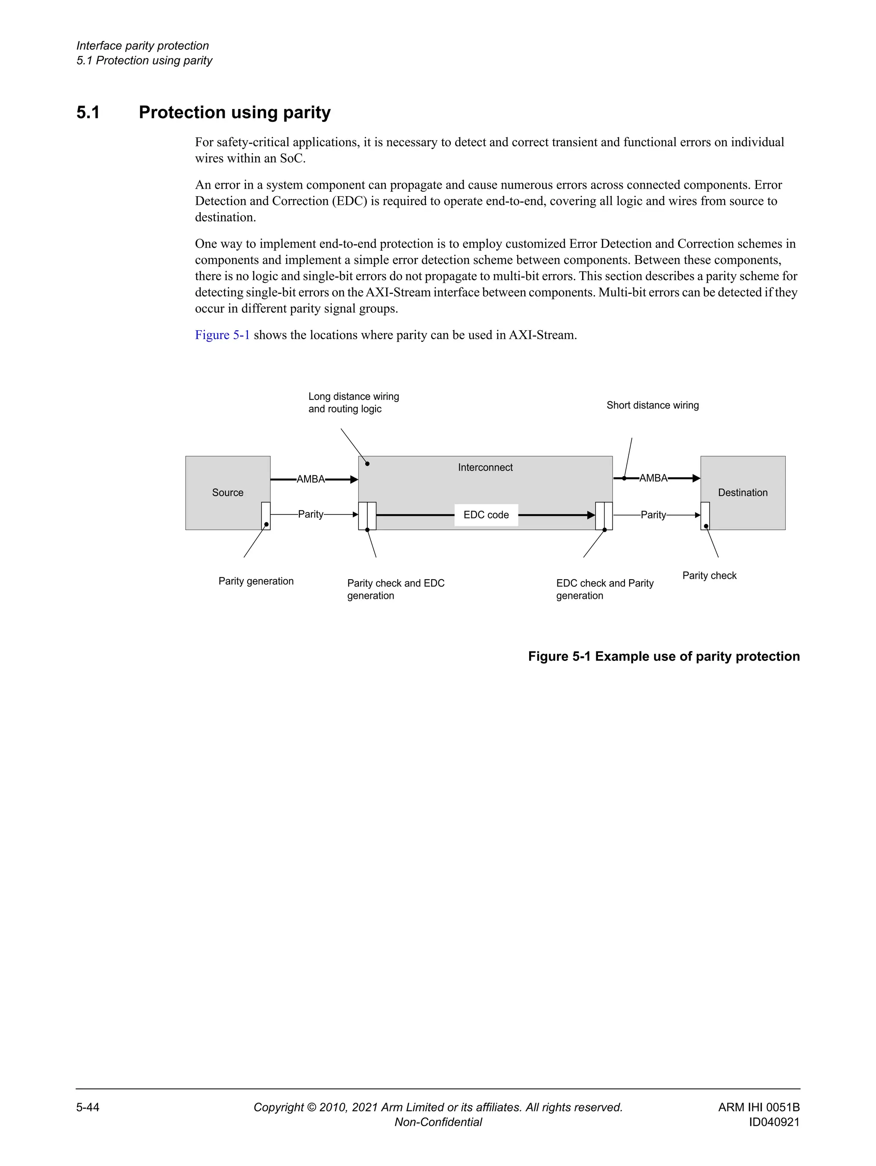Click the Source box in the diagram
(x=227, y=492)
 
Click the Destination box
(x=742, y=492)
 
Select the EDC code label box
(x=486, y=515)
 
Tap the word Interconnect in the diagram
(x=485, y=468)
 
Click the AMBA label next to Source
(x=311, y=479)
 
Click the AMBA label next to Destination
(x=653, y=478)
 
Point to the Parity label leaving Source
(x=311, y=514)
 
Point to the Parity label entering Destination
(x=653, y=515)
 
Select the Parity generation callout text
(x=256, y=581)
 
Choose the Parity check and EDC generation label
(x=395, y=589)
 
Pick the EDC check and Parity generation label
(x=604, y=589)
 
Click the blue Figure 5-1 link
(x=222, y=335)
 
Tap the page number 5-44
(x=88, y=1107)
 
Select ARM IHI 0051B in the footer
(x=758, y=1107)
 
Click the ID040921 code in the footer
(x=774, y=1122)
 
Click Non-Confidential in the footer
(x=438, y=1122)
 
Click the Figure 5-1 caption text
(x=663, y=656)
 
